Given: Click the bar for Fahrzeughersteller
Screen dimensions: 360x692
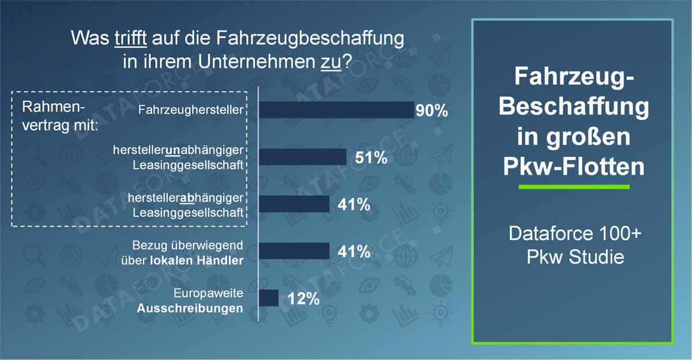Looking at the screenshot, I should (336, 110).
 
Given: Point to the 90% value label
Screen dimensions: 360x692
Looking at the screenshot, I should (432, 111).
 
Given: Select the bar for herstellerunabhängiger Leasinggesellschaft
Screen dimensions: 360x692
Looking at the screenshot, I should (302, 157).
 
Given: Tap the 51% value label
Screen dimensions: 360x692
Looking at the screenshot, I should (371, 158).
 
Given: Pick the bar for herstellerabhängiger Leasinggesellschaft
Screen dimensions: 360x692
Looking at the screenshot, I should (294, 204).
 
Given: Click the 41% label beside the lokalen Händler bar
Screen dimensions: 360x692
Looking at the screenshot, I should (353, 252).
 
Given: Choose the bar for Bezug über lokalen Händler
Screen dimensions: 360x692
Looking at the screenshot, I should (294, 251).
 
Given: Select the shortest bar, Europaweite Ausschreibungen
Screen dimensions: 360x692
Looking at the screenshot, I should (269, 298).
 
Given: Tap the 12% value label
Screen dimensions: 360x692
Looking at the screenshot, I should (303, 299).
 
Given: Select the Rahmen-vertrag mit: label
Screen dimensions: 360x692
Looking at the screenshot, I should (59, 116).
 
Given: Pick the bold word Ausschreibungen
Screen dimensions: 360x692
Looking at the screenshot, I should (190, 308).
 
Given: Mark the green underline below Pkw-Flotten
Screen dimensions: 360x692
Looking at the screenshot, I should (573, 187).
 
